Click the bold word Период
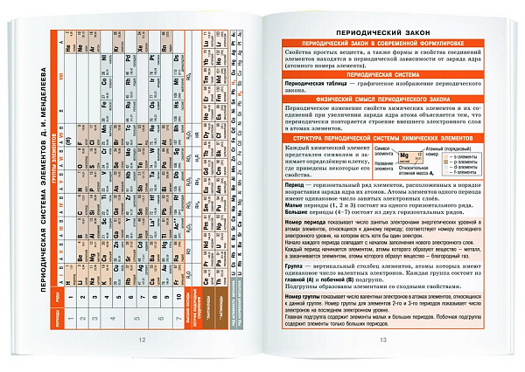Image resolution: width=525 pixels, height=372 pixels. pos(296,188)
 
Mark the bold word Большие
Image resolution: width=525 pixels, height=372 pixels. pos(298,210)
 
